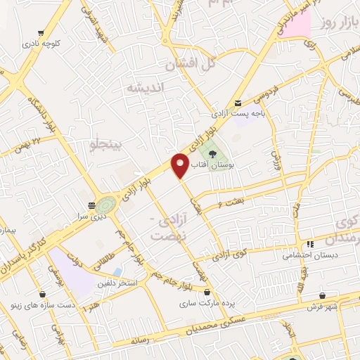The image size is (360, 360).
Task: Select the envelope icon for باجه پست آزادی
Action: click(238, 103)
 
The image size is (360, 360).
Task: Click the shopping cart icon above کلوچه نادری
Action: click(42, 33)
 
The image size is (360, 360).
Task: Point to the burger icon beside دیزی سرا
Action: click(91, 205)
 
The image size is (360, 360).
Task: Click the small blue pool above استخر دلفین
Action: click(117, 271)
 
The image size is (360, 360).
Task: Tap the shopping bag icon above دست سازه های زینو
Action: click(43, 295)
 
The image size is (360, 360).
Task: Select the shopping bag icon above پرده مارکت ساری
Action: click(207, 290)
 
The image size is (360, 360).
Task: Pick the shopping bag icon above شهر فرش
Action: click(322, 295)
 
